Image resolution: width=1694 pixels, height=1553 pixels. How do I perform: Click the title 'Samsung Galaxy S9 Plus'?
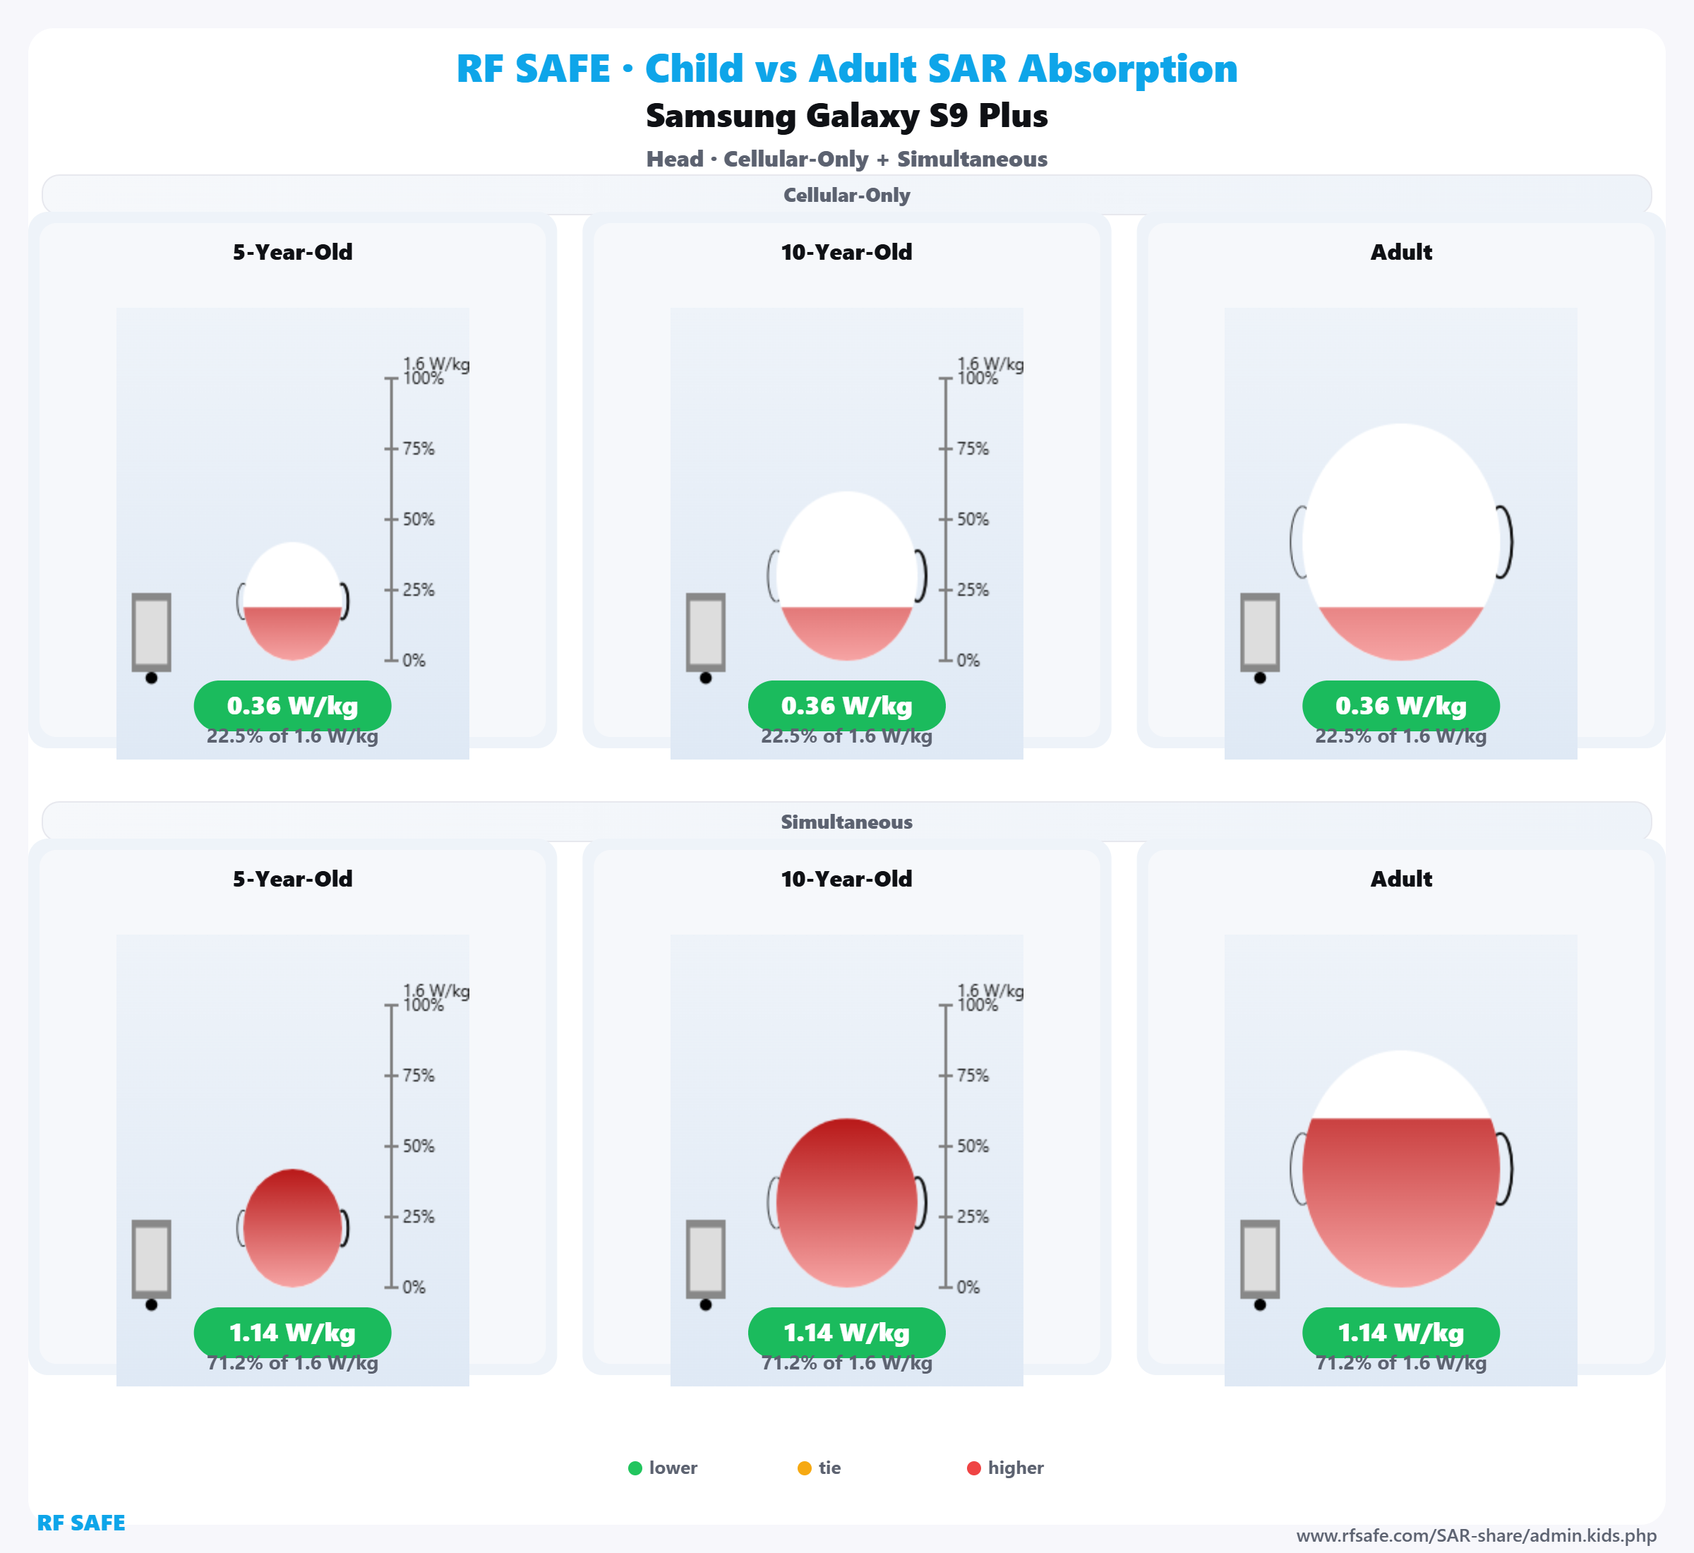[846, 116]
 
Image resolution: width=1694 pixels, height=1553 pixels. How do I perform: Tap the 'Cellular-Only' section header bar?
[846, 195]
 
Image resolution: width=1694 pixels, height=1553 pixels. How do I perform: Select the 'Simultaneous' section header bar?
[846, 822]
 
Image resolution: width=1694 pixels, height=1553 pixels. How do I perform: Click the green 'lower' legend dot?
[635, 1468]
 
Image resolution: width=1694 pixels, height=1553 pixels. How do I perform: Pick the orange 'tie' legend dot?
[804, 1468]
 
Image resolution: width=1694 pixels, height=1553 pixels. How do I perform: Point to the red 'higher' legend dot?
[974, 1468]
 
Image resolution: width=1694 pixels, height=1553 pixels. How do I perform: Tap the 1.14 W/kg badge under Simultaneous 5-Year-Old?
[292, 1333]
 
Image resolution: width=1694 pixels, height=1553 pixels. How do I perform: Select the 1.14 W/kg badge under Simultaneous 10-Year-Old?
[846, 1333]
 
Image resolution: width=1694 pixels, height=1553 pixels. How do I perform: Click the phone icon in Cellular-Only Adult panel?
[1260, 632]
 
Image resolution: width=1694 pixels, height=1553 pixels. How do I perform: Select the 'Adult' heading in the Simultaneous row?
[1401, 879]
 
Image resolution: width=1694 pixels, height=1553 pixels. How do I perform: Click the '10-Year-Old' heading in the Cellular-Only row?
[846, 252]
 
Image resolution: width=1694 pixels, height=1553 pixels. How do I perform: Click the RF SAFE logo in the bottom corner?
[80, 1523]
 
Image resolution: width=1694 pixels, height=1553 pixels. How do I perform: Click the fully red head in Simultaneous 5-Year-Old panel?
[292, 1228]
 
